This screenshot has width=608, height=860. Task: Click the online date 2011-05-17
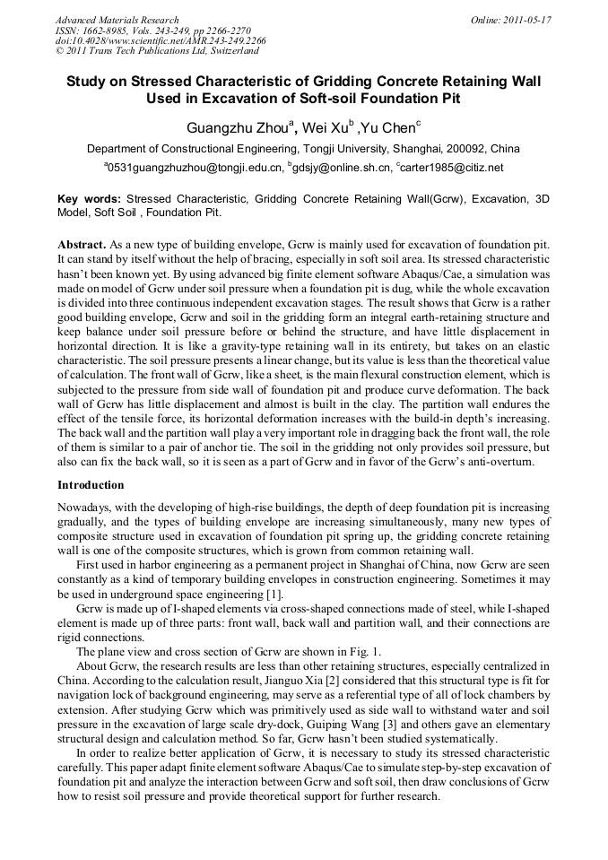coord(527,20)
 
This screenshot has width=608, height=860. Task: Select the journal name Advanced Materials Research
coord(117,20)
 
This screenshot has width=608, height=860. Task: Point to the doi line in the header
coord(161,41)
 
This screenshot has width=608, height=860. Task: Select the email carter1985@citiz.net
coord(452,168)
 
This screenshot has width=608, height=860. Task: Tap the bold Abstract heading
coord(82,244)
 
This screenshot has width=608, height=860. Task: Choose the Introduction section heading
coord(91,485)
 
